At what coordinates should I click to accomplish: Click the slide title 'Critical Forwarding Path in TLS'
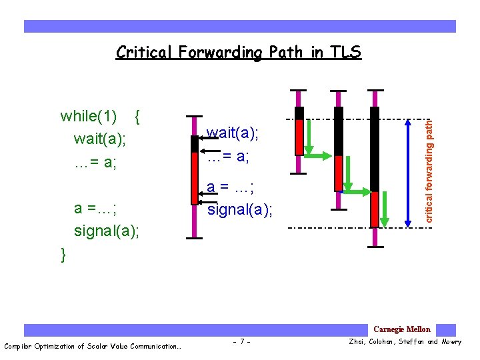click(x=239, y=52)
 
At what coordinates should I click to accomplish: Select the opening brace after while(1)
click(x=137, y=117)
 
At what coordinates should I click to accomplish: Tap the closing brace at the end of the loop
click(x=63, y=255)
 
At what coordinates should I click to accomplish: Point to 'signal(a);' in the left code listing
click(x=107, y=231)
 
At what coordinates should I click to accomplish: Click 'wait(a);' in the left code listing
click(x=100, y=139)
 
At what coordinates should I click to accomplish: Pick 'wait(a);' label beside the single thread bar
click(x=232, y=133)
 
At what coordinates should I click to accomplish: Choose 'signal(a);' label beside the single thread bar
click(x=240, y=210)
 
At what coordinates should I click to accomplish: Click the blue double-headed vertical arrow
click(x=408, y=170)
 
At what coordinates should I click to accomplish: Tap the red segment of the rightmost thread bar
click(x=375, y=209)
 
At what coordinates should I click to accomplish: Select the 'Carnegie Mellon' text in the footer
click(x=401, y=329)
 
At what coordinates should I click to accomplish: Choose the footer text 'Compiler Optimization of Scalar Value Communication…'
click(x=93, y=345)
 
